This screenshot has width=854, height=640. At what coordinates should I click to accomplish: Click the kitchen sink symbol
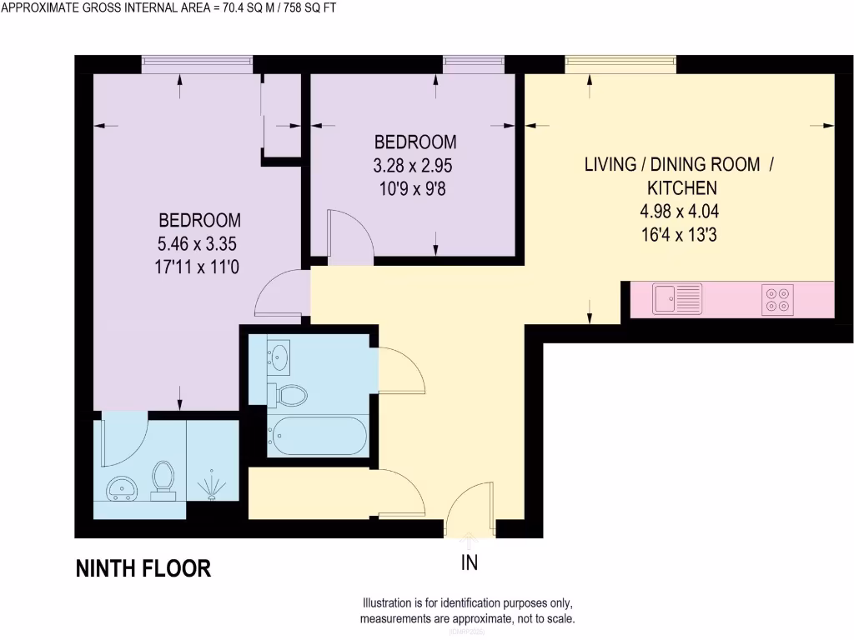[x=677, y=298]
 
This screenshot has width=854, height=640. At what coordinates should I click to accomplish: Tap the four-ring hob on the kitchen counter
[x=777, y=299]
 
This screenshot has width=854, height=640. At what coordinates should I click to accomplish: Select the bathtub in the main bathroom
[x=317, y=436]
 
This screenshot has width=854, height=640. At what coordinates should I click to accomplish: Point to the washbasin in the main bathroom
[x=279, y=357]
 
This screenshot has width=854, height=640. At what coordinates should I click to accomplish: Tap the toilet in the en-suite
[x=163, y=480]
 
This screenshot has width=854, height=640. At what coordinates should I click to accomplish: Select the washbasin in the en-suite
[x=122, y=488]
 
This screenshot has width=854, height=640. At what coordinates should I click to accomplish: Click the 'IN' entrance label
[x=470, y=563]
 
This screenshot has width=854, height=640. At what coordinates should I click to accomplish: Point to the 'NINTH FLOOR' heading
[x=143, y=569]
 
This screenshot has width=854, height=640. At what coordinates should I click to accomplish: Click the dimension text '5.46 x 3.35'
[x=199, y=245]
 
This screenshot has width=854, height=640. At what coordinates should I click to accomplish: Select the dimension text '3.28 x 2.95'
[x=414, y=165]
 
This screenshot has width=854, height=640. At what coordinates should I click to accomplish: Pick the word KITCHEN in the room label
[x=678, y=187]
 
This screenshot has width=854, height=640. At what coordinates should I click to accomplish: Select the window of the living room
[x=620, y=65]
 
